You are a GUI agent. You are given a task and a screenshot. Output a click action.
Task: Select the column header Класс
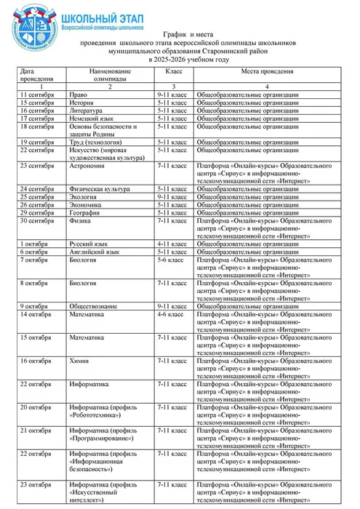point(174,71)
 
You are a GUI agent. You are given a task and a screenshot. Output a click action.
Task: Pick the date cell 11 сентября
point(37,95)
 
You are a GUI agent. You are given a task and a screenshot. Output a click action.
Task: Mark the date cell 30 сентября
point(37,220)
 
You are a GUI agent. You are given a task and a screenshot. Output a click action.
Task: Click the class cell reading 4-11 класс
point(172,244)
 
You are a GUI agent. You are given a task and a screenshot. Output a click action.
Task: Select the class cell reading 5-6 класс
point(171,260)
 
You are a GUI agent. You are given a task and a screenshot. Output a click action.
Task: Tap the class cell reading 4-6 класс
point(171,314)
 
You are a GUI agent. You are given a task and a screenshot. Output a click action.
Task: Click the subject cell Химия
point(80,361)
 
